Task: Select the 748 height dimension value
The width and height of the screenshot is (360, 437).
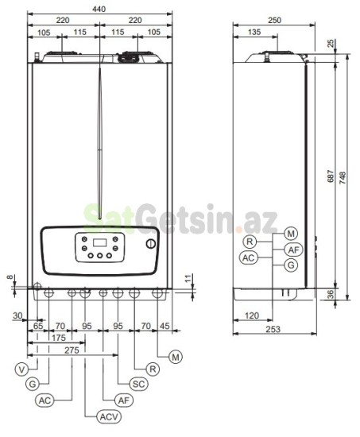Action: [344, 179]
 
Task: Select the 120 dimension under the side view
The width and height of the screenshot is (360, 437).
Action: [253, 315]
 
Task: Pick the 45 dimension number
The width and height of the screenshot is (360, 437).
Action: [165, 326]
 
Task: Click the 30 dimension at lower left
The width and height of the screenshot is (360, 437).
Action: [17, 316]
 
